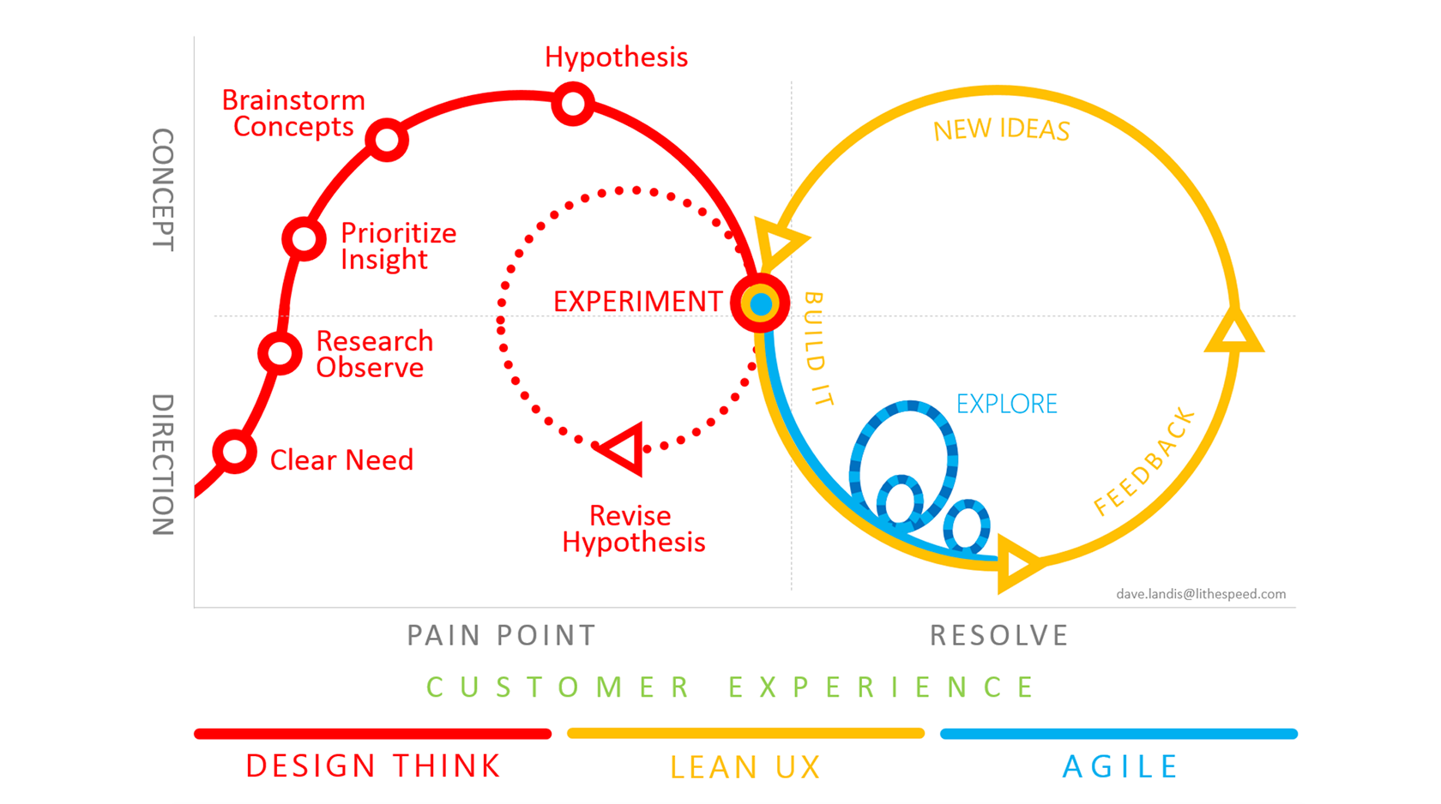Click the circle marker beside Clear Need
click(x=234, y=452)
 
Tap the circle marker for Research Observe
click(x=280, y=353)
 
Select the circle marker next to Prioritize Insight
click(x=304, y=238)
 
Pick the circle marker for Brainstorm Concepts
click(x=387, y=140)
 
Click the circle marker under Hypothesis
click(x=573, y=105)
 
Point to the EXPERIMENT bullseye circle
click(x=760, y=303)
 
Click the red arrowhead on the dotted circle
click(x=624, y=448)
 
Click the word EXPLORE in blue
click(x=1006, y=404)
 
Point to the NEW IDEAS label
click(x=1001, y=130)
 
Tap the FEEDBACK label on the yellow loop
click(x=1145, y=462)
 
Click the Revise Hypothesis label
click(x=633, y=529)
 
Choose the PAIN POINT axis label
click(x=501, y=635)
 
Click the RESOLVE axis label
click(x=999, y=635)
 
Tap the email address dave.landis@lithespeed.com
click(x=1200, y=594)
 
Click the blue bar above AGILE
click(x=1118, y=734)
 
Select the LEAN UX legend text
click(x=745, y=767)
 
